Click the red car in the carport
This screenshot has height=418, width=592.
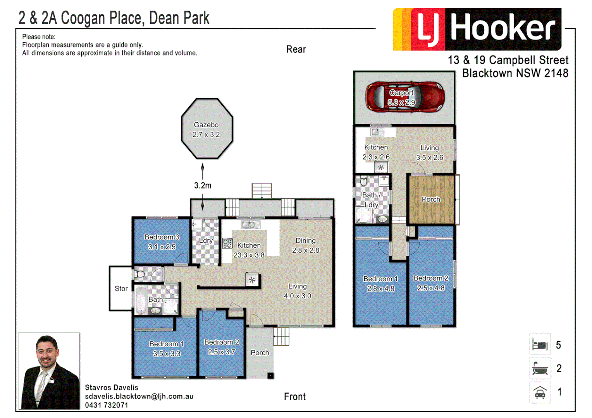(x=405, y=97)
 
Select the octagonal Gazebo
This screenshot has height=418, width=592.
(x=207, y=129)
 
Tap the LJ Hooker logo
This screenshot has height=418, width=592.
(x=477, y=29)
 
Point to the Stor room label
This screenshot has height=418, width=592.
(x=121, y=288)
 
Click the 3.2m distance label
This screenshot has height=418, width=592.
(x=203, y=185)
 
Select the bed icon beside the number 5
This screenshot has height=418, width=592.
(x=540, y=344)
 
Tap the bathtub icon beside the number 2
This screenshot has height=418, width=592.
(x=540, y=368)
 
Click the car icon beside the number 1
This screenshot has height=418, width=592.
(x=540, y=392)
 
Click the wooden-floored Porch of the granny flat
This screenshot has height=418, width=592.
(x=431, y=199)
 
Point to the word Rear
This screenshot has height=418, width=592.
(x=296, y=50)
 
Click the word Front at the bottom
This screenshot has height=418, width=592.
(x=294, y=397)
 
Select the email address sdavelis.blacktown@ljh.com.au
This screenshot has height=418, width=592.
(x=139, y=396)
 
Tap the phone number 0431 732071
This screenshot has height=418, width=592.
(x=107, y=405)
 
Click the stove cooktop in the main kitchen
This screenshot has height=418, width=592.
(x=227, y=243)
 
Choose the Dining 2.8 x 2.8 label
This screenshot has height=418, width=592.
(x=305, y=245)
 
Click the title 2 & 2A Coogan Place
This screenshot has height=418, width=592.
(x=114, y=18)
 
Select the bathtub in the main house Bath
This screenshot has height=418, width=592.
(x=140, y=301)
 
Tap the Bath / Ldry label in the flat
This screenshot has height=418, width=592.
(x=371, y=200)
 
